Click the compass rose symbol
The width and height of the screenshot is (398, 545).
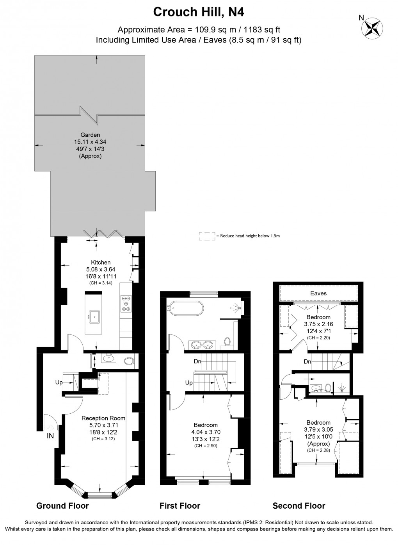pos(372,29)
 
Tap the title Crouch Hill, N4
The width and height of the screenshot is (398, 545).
pos(199,12)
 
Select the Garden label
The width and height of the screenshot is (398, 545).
pos(90,135)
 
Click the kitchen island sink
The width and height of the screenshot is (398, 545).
pos(94,317)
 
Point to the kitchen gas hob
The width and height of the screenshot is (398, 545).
pos(126,304)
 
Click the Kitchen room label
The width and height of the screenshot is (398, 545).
pos(101,262)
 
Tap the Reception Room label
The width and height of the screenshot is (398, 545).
pos(103,418)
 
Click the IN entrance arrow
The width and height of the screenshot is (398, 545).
pos(51,427)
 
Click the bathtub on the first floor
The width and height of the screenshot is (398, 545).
pos(187,308)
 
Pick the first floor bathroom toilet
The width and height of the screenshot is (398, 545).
pos(227,341)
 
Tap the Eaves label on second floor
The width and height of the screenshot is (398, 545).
pos(318,293)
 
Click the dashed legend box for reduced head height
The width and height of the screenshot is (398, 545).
pos(207,236)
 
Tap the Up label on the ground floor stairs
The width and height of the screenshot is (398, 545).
pos(59,382)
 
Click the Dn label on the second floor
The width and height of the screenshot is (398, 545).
pos(307,361)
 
